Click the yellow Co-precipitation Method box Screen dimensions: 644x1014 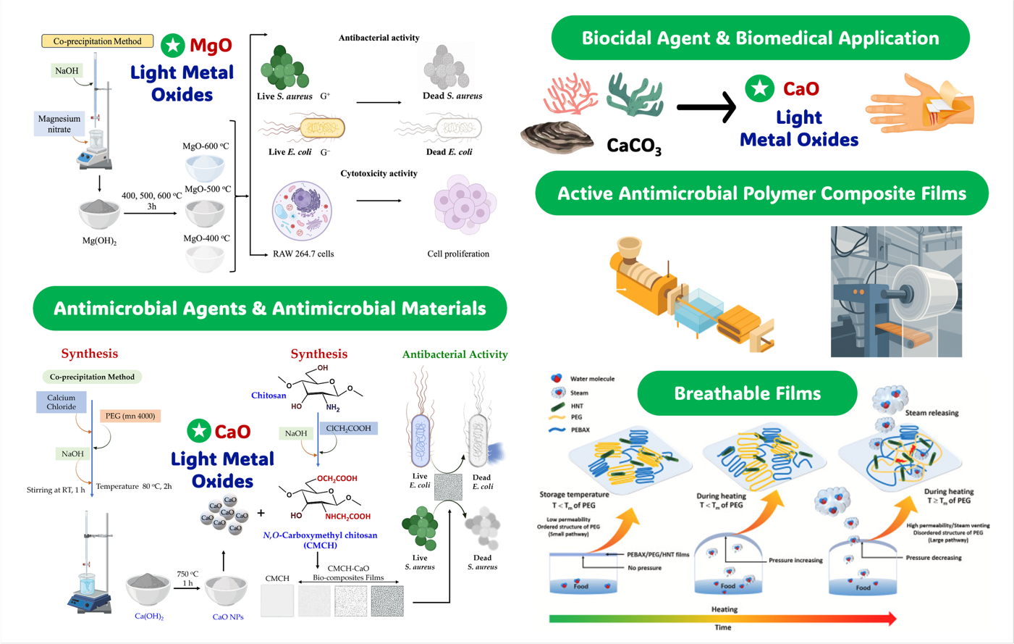[x=97, y=41]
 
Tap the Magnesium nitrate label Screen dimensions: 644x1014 [x=59, y=124]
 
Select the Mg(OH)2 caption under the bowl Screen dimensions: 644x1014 [x=99, y=241]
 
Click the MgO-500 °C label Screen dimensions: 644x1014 [x=208, y=189]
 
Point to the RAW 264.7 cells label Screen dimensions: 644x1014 [x=303, y=254]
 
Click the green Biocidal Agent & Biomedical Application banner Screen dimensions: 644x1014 [x=760, y=38]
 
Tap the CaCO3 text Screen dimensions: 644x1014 [x=634, y=146]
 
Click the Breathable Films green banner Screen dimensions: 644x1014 [x=747, y=393]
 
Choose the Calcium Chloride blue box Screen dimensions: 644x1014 [x=62, y=402]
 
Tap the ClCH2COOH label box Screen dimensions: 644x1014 [x=348, y=428]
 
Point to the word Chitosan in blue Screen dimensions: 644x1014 [x=269, y=396]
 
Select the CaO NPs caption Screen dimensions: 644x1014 [x=228, y=616]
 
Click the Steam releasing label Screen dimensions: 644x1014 [x=931, y=413]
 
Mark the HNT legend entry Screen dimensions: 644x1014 [x=577, y=406]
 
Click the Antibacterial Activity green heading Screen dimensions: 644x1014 [x=455, y=354]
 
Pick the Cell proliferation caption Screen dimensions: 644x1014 [x=458, y=254]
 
